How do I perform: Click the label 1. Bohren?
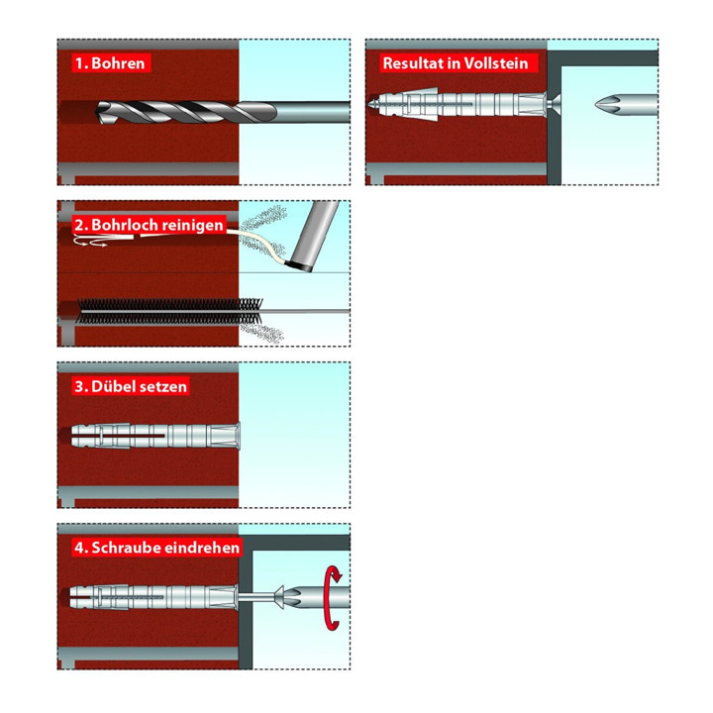[111, 62]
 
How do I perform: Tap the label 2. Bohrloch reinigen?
[149, 225]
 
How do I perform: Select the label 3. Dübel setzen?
[131, 386]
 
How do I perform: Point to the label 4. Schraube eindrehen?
[156, 547]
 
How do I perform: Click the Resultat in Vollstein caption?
[456, 62]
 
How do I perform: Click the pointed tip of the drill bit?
[98, 112]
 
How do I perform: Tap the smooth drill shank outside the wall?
[313, 112]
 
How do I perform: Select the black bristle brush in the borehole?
[169, 311]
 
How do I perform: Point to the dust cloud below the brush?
[262, 333]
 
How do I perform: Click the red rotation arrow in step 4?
[333, 597]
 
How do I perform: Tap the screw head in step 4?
[278, 597]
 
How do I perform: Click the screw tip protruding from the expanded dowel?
[373, 105]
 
